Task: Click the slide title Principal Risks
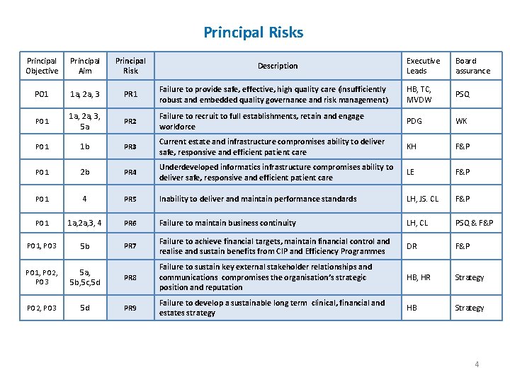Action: (x=254, y=33)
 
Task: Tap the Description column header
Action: (x=278, y=66)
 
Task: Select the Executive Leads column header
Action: (x=423, y=66)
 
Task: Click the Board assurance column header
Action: (x=472, y=66)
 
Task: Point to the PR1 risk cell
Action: (x=130, y=94)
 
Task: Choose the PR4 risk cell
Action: (x=130, y=172)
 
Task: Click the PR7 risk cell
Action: (x=130, y=246)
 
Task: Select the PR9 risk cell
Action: (x=130, y=308)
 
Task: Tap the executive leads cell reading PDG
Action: (x=416, y=121)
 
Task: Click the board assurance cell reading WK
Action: (x=461, y=121)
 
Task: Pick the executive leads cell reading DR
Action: (x=412, y=246)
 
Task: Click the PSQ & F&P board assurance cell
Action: (x=474, y=224)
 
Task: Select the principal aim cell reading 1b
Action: (x=85, y=146)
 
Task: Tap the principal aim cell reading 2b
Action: (x=85, y=172)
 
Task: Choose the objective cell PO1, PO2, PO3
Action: (x=42, y=277)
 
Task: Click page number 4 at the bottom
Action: (x=477, y=364)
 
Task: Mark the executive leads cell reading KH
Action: (x=412, y=146)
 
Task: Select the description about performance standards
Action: (x=258, y=199)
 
